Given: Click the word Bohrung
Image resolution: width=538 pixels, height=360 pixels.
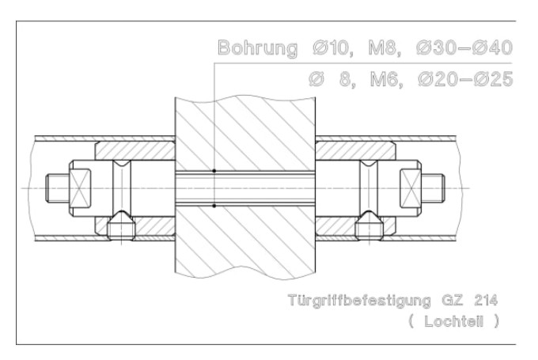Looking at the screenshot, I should (254, 47).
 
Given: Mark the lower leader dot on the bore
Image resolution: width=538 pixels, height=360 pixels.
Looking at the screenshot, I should (214, 207).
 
